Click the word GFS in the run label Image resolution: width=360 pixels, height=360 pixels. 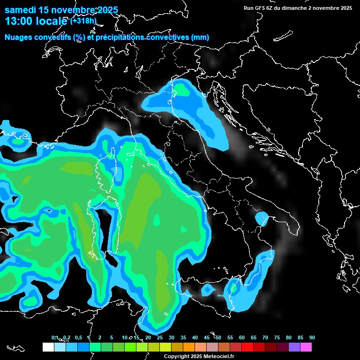click(262, 8)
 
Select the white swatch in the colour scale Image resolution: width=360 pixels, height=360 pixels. click(48, 347)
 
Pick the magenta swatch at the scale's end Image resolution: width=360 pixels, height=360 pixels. click(306, 347)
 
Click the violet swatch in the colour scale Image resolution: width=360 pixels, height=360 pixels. click(294, 347)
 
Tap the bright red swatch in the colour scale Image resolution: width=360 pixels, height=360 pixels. click(247, 347)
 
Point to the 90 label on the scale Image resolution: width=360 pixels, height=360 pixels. click(312, 337)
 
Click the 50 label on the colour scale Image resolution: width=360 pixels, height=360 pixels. click(218, 337)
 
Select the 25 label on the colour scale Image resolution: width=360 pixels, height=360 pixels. click(160, 337)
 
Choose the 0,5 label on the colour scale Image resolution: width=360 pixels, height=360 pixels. click(78, 337)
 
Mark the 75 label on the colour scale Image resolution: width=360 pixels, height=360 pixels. click(277, 337)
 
